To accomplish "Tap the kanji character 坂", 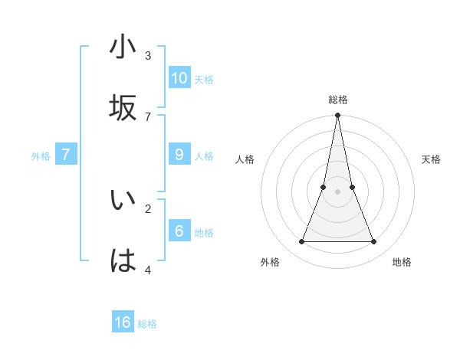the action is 123,108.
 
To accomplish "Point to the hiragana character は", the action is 123,261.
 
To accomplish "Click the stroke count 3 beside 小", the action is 148,55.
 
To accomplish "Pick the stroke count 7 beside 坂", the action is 148,116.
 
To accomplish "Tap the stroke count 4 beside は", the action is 148,270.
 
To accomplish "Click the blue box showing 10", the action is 179,78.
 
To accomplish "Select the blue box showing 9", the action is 179,155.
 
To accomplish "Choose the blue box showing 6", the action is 179,231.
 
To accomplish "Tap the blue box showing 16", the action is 123,322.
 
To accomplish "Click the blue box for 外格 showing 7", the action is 66,155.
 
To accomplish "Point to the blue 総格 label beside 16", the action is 147,324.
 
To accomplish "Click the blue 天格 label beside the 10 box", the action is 204,80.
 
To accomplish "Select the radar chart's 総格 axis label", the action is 338,100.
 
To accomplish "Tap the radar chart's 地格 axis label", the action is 402,262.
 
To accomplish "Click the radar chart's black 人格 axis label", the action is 245,159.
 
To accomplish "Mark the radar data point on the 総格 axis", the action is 337,116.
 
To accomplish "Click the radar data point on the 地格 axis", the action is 374,242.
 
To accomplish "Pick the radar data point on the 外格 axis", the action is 301,242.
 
